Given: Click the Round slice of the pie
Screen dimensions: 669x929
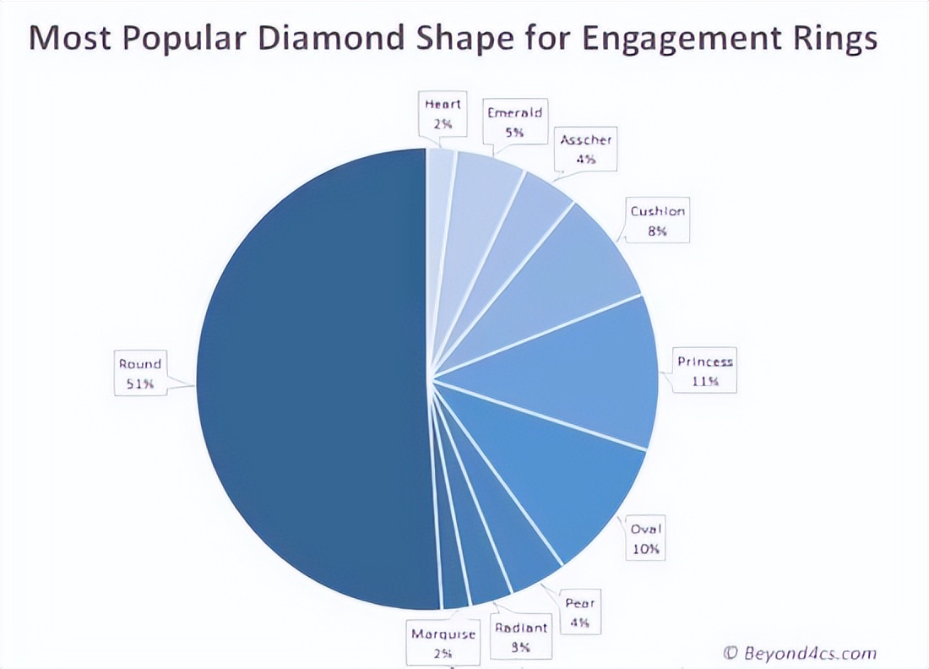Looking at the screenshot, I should (312, 380).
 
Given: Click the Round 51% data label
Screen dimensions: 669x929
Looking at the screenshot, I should (139, 374).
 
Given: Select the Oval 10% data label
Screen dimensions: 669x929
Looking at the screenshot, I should (646, 539).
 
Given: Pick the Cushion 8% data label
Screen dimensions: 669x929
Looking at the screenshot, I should (658, 220).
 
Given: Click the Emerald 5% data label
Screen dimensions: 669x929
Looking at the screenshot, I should (514, 122).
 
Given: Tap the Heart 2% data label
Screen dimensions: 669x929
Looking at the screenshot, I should (443, 114).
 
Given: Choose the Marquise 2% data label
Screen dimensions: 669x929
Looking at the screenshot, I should (443, 643).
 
